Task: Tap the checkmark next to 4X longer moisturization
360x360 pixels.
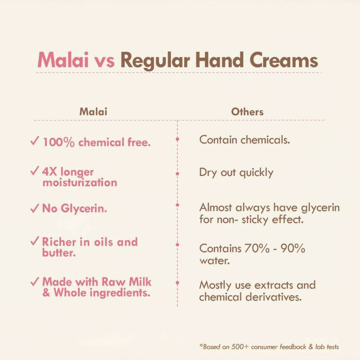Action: [34, 172]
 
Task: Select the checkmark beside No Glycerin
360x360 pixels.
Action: [34, 208]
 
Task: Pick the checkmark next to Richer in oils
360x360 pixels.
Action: [34, 242]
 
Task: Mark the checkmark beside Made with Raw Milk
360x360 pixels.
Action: [34, 282]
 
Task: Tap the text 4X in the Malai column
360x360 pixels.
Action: [50, 172]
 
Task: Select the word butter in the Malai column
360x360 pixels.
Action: [58, 253]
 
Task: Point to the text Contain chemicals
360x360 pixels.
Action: [244, 139]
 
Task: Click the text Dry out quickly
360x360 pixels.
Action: [236, 172]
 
